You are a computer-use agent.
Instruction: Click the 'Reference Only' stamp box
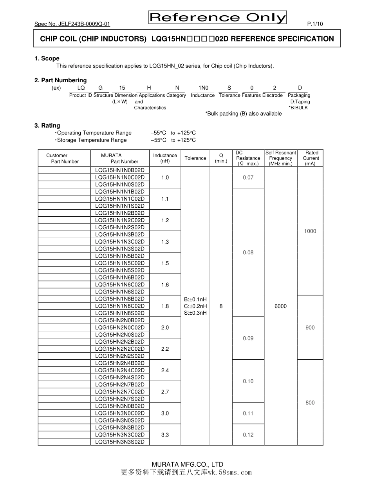point(217,18)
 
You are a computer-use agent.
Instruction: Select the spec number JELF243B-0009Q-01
point(72,24)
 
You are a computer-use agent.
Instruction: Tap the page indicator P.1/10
point(315,24)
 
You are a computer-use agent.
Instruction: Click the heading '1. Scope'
point(47,58)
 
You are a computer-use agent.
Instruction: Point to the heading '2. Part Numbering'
point(61,80)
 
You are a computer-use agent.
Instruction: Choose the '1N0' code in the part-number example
point(203,88)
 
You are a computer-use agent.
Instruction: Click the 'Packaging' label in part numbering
point(299,95)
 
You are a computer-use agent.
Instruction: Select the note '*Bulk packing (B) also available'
point(243,114)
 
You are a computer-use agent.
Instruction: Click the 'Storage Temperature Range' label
point(92,140)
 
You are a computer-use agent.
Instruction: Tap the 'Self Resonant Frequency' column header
point(281,158)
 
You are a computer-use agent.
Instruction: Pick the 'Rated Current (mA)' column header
point(311,158)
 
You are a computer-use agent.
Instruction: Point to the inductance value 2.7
point(165,392)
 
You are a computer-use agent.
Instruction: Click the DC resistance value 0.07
point(248,178)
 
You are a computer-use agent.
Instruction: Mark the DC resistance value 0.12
point(248,435)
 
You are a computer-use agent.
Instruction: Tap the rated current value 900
point(310,328)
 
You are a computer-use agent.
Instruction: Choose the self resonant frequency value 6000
point(281,306)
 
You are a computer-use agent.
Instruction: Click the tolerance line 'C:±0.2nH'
point(195,306)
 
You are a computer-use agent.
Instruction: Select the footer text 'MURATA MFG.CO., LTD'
point(187,464)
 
